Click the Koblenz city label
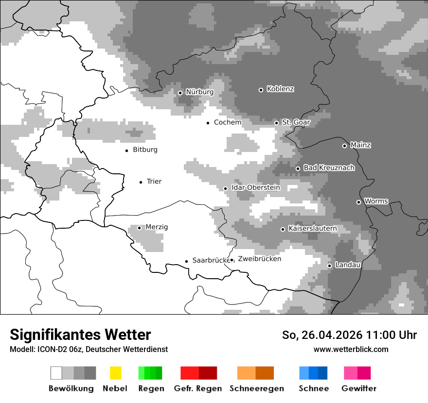pos(280,89)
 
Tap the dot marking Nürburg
pos(180,93)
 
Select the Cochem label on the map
pos(228,122)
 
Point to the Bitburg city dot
pos(127,151)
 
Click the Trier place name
pos(154,182)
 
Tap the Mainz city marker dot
pos(344,146)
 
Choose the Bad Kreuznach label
pos(329,168)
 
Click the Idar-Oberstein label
pos(256,188)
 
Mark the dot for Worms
pos(358,202)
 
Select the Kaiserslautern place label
pos(313,228)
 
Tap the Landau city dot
pos(329,266)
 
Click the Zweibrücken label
pos(260,259)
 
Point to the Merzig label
pos(157,227)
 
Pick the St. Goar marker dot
pos(276,123)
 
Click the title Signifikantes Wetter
pos(80,335)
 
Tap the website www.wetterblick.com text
pos(351,349)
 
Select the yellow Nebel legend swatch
pos(115,373)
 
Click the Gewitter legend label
pos(359,388)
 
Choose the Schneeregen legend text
pos(257,388)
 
